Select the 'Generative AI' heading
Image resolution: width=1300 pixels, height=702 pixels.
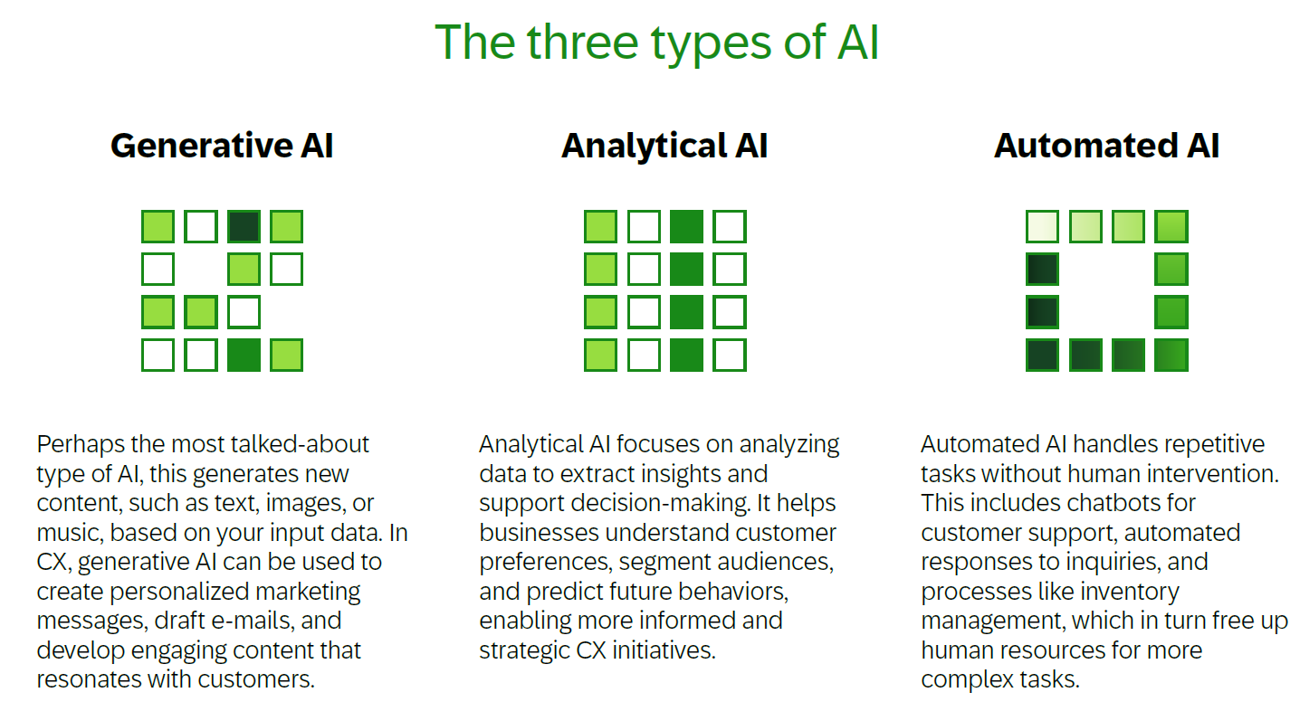[222, 146]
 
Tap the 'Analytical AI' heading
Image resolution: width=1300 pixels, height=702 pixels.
[664, 146]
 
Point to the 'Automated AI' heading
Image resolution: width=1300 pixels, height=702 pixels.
[1106, 146]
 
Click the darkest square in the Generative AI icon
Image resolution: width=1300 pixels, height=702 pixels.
[244, 226]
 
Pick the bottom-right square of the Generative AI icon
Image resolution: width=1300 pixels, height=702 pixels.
[286, 355]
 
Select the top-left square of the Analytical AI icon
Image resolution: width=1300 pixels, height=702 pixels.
[600, 226]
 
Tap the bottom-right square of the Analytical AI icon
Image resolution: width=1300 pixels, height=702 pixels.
[729, 355]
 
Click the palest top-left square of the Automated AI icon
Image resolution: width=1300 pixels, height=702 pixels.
[1042, 226]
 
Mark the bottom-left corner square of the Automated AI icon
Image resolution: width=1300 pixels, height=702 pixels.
[1042, 355]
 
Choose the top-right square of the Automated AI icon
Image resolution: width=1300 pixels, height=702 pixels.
[1171, 226]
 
